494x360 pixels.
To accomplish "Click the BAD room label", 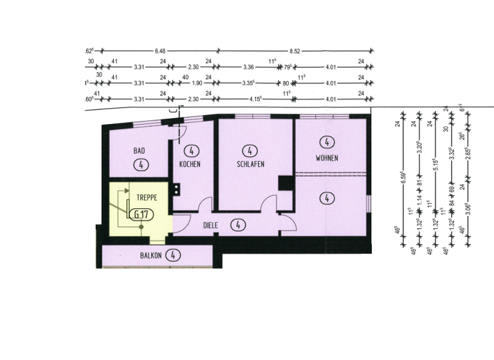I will point(138,151).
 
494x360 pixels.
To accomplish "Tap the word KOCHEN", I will point(190,165).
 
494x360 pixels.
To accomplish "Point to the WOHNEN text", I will point(327,158).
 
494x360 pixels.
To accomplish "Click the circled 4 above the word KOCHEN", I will point(190,152).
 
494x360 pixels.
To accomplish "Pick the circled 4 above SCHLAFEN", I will point(249,152).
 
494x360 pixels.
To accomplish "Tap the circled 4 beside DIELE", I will point(238,225).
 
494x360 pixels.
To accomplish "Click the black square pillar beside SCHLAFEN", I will point(285,183).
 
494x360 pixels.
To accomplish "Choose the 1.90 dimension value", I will point(197,82).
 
